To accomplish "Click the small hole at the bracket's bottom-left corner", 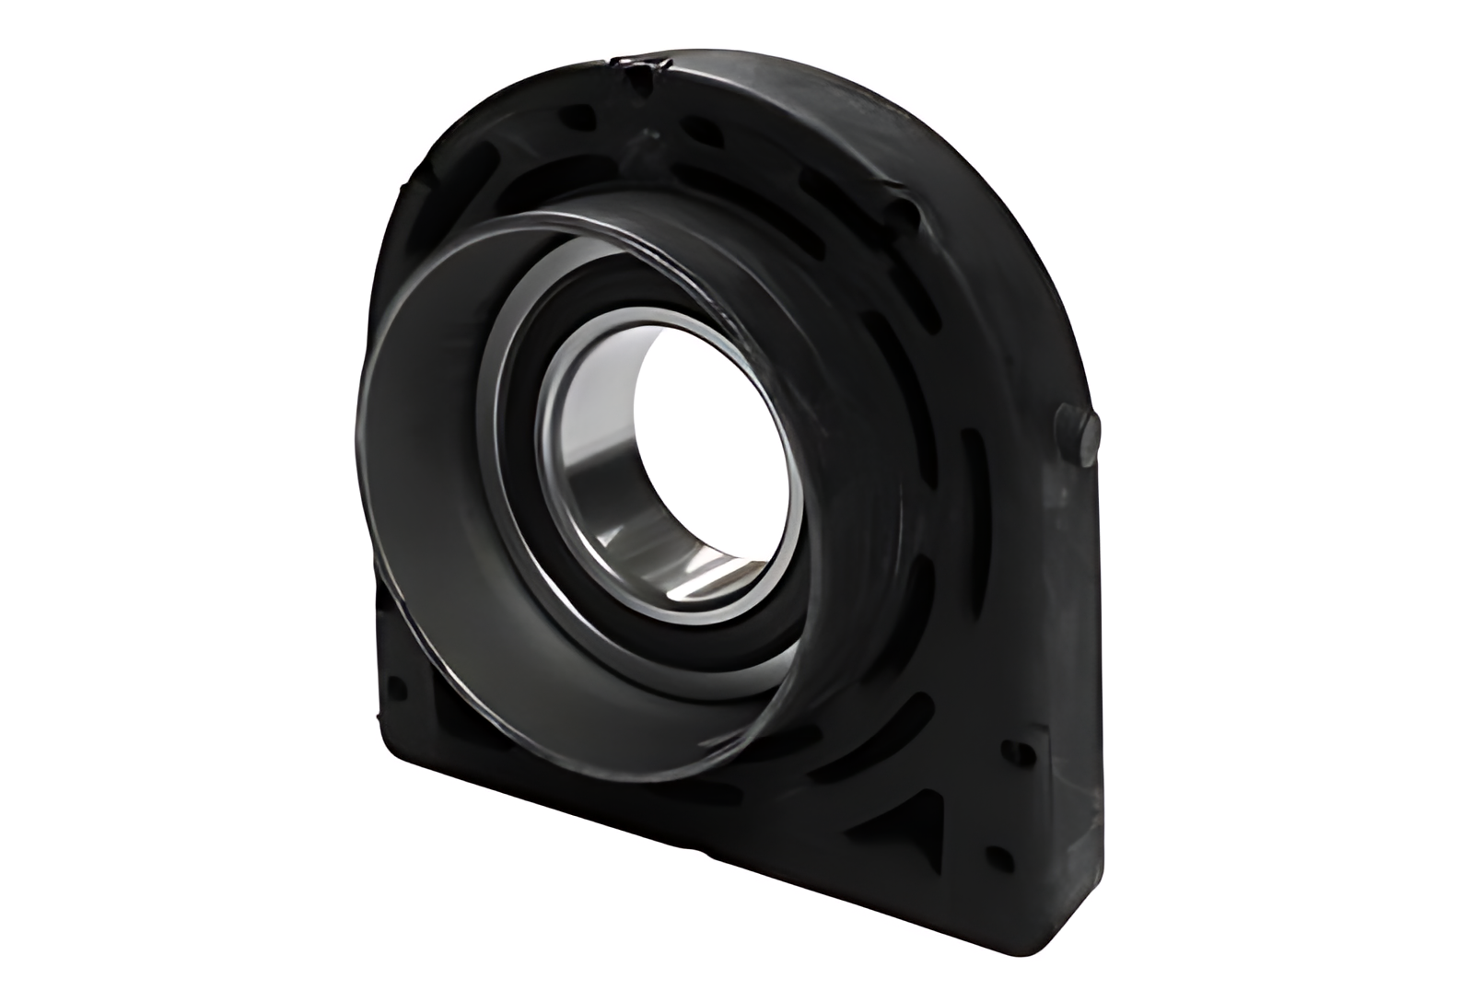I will coord(398,688).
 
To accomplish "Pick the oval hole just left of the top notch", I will coord(576,117).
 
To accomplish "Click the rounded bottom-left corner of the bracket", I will coord(387,751).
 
